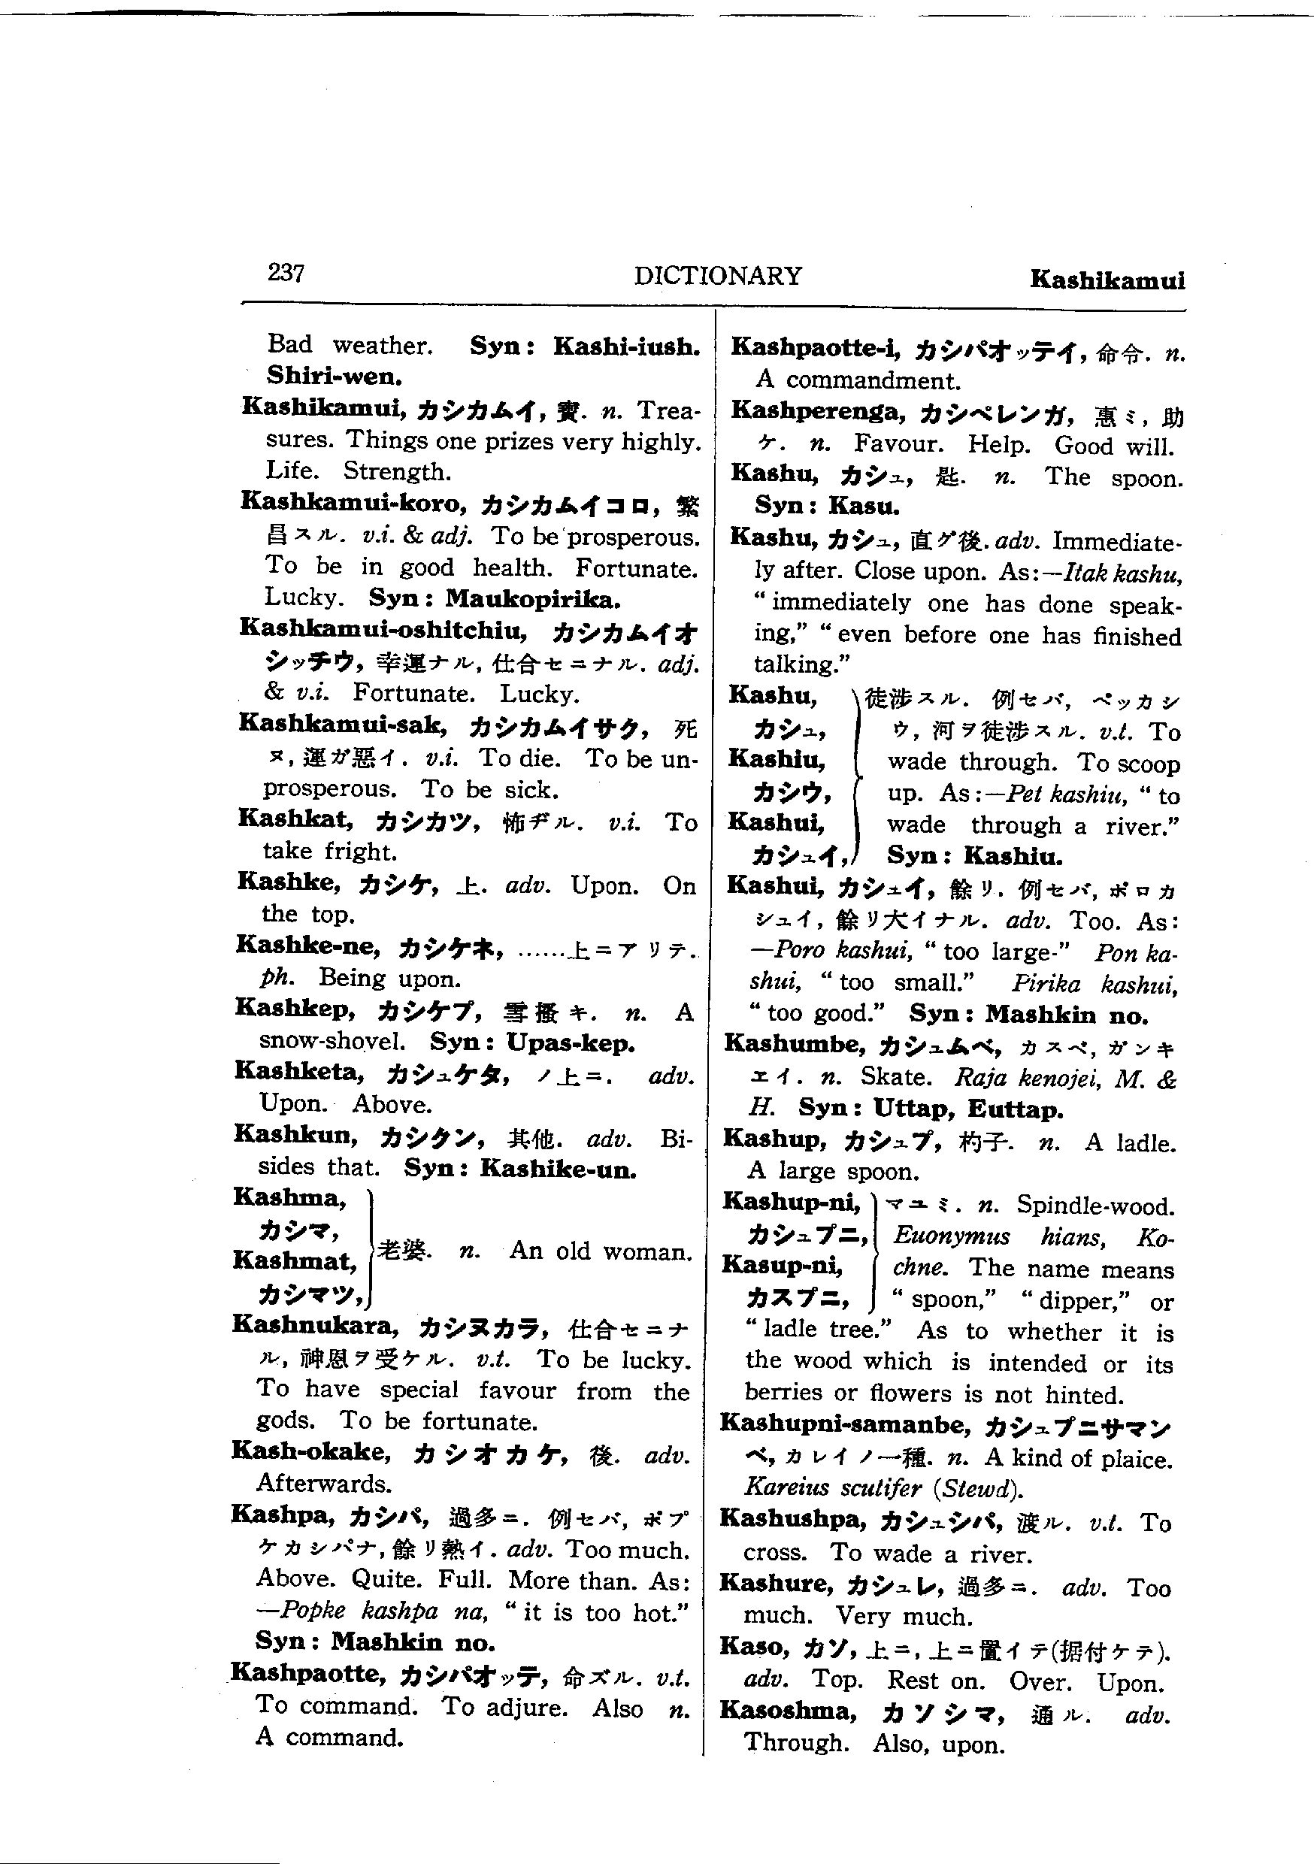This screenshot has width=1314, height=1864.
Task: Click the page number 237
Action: pos(286,273)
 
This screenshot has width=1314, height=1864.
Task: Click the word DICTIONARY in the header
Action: pos(717,276)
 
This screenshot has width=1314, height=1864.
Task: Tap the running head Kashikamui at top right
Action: pos(1107,280)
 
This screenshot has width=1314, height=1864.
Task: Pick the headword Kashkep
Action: pos(295,1009)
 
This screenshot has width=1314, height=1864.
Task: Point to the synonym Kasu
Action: pos(864,507)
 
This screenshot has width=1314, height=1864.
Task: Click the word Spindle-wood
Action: pos(1094,1206)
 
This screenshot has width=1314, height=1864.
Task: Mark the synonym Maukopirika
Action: pos(533,599)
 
